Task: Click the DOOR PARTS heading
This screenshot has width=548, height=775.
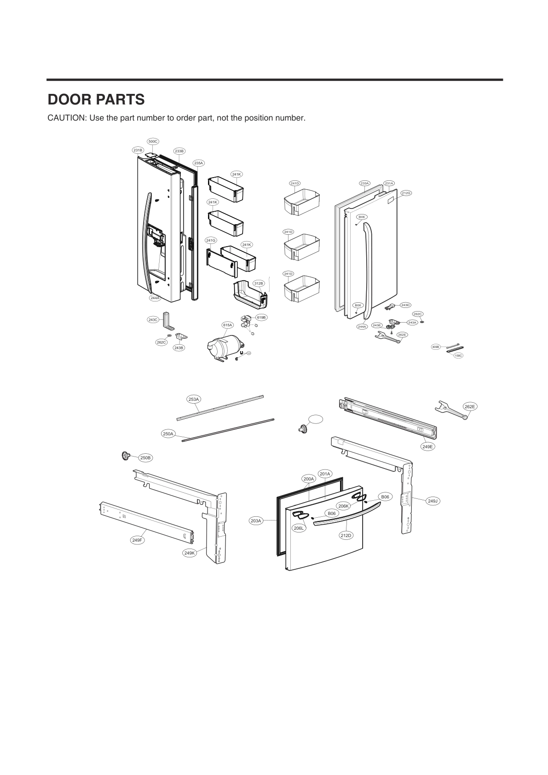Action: point(96,99)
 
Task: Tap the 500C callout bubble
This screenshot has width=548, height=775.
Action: point(153,141)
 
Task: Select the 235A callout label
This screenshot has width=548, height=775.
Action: point(198,163)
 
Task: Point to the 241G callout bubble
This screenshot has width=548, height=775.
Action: point(211,240)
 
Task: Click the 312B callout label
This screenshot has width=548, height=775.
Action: point(258,283)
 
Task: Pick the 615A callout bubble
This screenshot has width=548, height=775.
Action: point(227,325)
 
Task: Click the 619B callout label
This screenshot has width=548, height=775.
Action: point(261,317)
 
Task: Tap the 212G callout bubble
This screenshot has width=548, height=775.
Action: point(406,193)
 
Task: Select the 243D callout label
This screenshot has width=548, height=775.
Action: point(405,305)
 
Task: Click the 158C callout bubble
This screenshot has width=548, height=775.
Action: point(458,355)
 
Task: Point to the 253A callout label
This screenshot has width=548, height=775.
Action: point(194,399)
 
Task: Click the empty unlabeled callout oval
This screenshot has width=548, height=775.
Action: point(315,419)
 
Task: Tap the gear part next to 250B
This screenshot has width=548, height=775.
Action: point(123,456)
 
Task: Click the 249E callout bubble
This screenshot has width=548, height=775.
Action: point(428,446)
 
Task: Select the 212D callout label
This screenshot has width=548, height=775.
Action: point(346,535)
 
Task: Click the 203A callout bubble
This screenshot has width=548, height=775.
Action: point(256,521)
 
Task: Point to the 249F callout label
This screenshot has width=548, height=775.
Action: point(137,540)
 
